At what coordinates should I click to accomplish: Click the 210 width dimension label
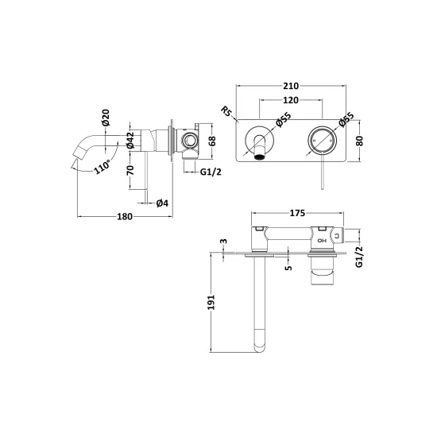pyautogui.click(x=291, y=86)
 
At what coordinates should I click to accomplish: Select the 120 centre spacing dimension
pyautogui.click(x=291, y=100)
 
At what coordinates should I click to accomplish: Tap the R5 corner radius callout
pyautogui.click(x=226, y=111)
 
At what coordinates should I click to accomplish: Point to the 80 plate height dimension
pyautogui.click(x=360, y=141)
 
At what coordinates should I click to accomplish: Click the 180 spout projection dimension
pyautogui.click(x=125, y=217)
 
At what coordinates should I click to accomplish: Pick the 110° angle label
pyautogui.click(x=102, y=167)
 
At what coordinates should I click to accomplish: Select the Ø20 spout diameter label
pyautogui.click(x=106, y=118)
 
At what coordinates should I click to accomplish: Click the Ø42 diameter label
pyautogui.click(x=130, y=140)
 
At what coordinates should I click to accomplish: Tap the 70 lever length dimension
pyautogui.click(x=130, y=170)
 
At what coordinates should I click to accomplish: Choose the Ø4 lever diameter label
pyautogui.click(x=162, y=203)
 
